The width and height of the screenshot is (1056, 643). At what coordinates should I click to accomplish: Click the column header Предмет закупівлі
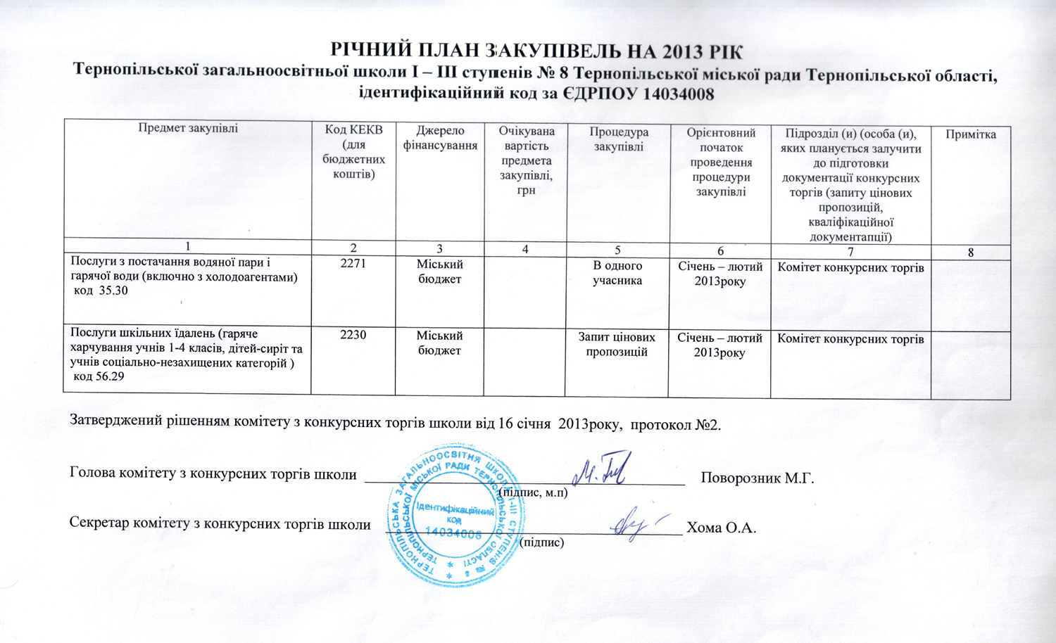188,128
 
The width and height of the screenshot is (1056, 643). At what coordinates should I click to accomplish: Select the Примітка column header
970,134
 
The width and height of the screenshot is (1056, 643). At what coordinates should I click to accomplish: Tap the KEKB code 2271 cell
353,264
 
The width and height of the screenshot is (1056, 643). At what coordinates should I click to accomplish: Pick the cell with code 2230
353,335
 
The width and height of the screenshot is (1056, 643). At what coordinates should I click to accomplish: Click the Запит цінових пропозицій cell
617,345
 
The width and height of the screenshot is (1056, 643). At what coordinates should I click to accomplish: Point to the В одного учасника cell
617,273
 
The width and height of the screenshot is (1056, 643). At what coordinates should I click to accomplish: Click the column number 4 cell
525,249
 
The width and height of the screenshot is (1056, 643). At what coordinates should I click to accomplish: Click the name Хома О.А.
722,528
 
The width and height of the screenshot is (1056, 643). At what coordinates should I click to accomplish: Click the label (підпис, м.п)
533,492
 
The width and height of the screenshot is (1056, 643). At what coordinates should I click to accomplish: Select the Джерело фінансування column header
440,139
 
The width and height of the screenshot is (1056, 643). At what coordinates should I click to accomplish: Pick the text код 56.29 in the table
99,376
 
